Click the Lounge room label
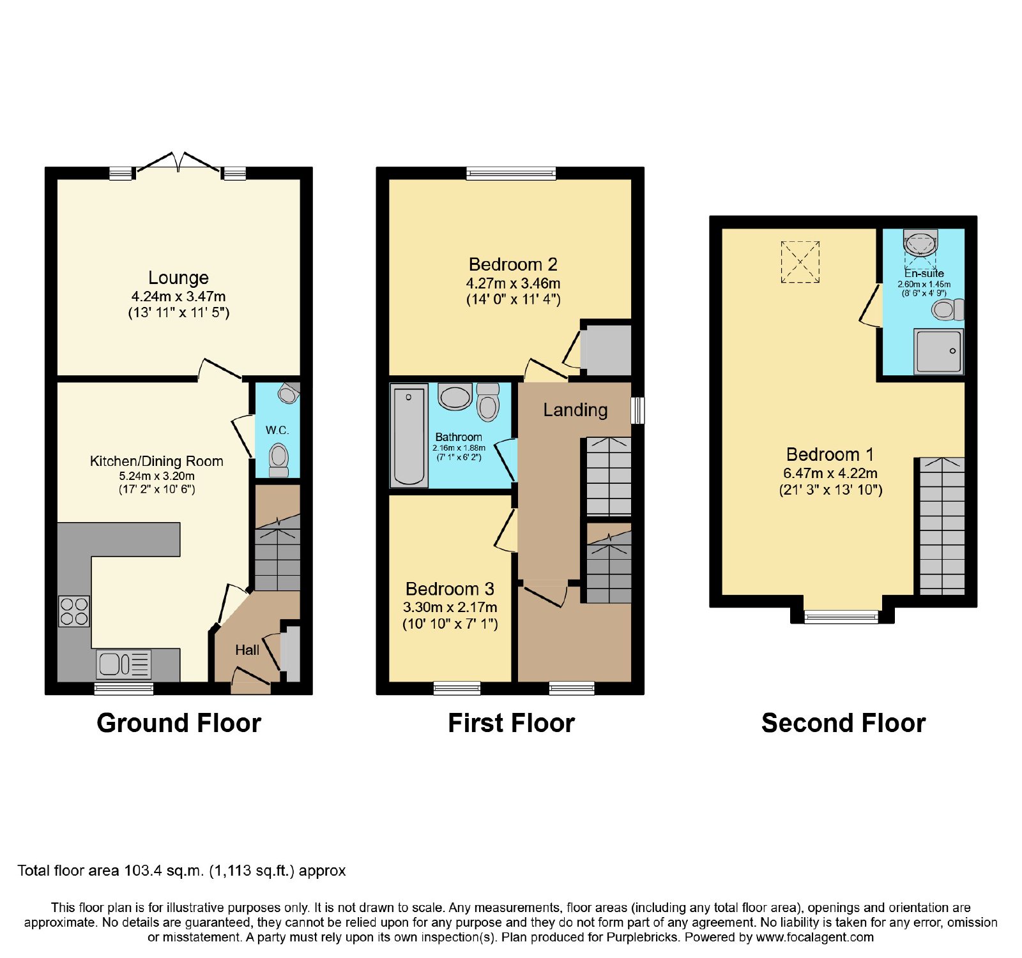point(178,278)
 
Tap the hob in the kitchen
point(74,611)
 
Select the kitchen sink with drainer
point(124,664)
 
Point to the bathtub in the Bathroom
point(409,435)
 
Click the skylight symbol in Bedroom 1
point(800,262)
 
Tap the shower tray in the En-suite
point(938,351)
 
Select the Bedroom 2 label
point(513,264)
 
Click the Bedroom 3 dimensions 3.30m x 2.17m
point(450,607)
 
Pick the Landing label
point(576,410)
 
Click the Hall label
point(247,650)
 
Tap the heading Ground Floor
point(179,723)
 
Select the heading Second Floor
point(843,723)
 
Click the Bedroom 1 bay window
point(841,617)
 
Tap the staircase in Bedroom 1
point(942,526)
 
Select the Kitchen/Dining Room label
point(156,461)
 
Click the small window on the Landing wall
point(637,410)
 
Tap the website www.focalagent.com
point(815,938)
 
